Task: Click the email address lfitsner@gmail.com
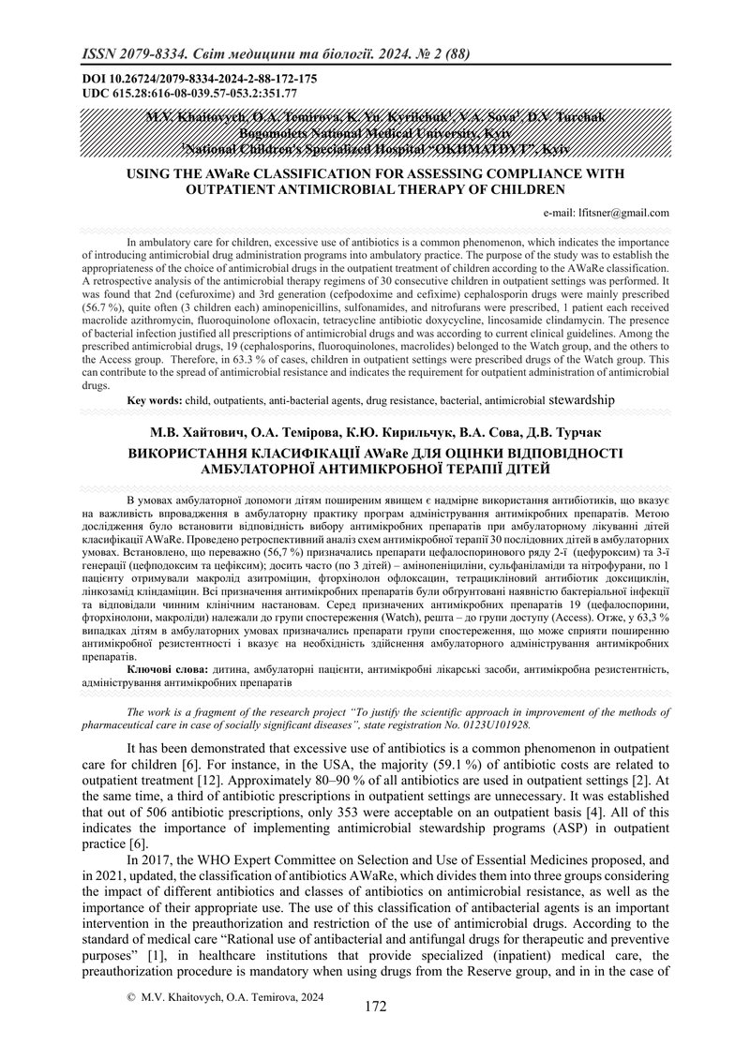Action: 625,213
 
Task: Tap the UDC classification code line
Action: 177,93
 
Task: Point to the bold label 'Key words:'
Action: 156,400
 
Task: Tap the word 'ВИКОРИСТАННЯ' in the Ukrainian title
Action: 199,453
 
